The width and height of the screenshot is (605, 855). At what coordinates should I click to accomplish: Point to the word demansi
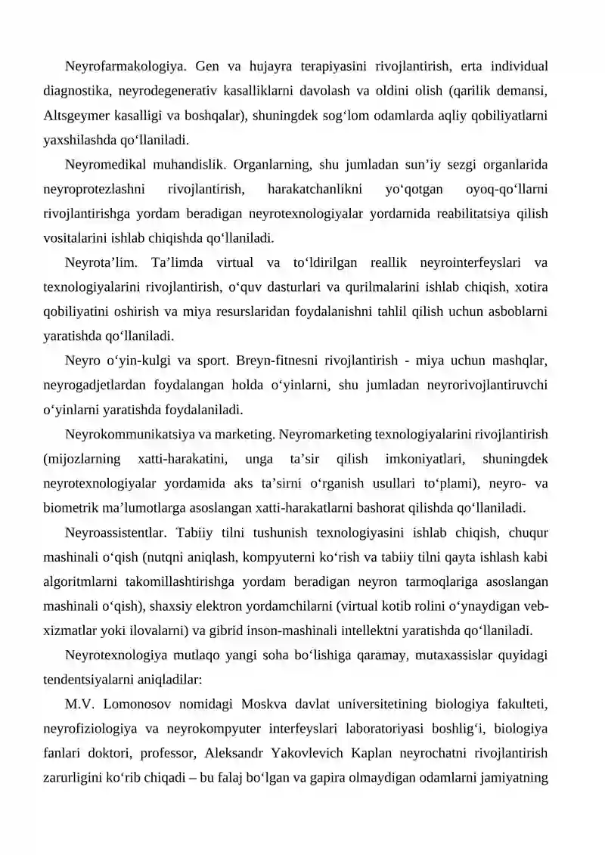[x=523, y=91]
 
